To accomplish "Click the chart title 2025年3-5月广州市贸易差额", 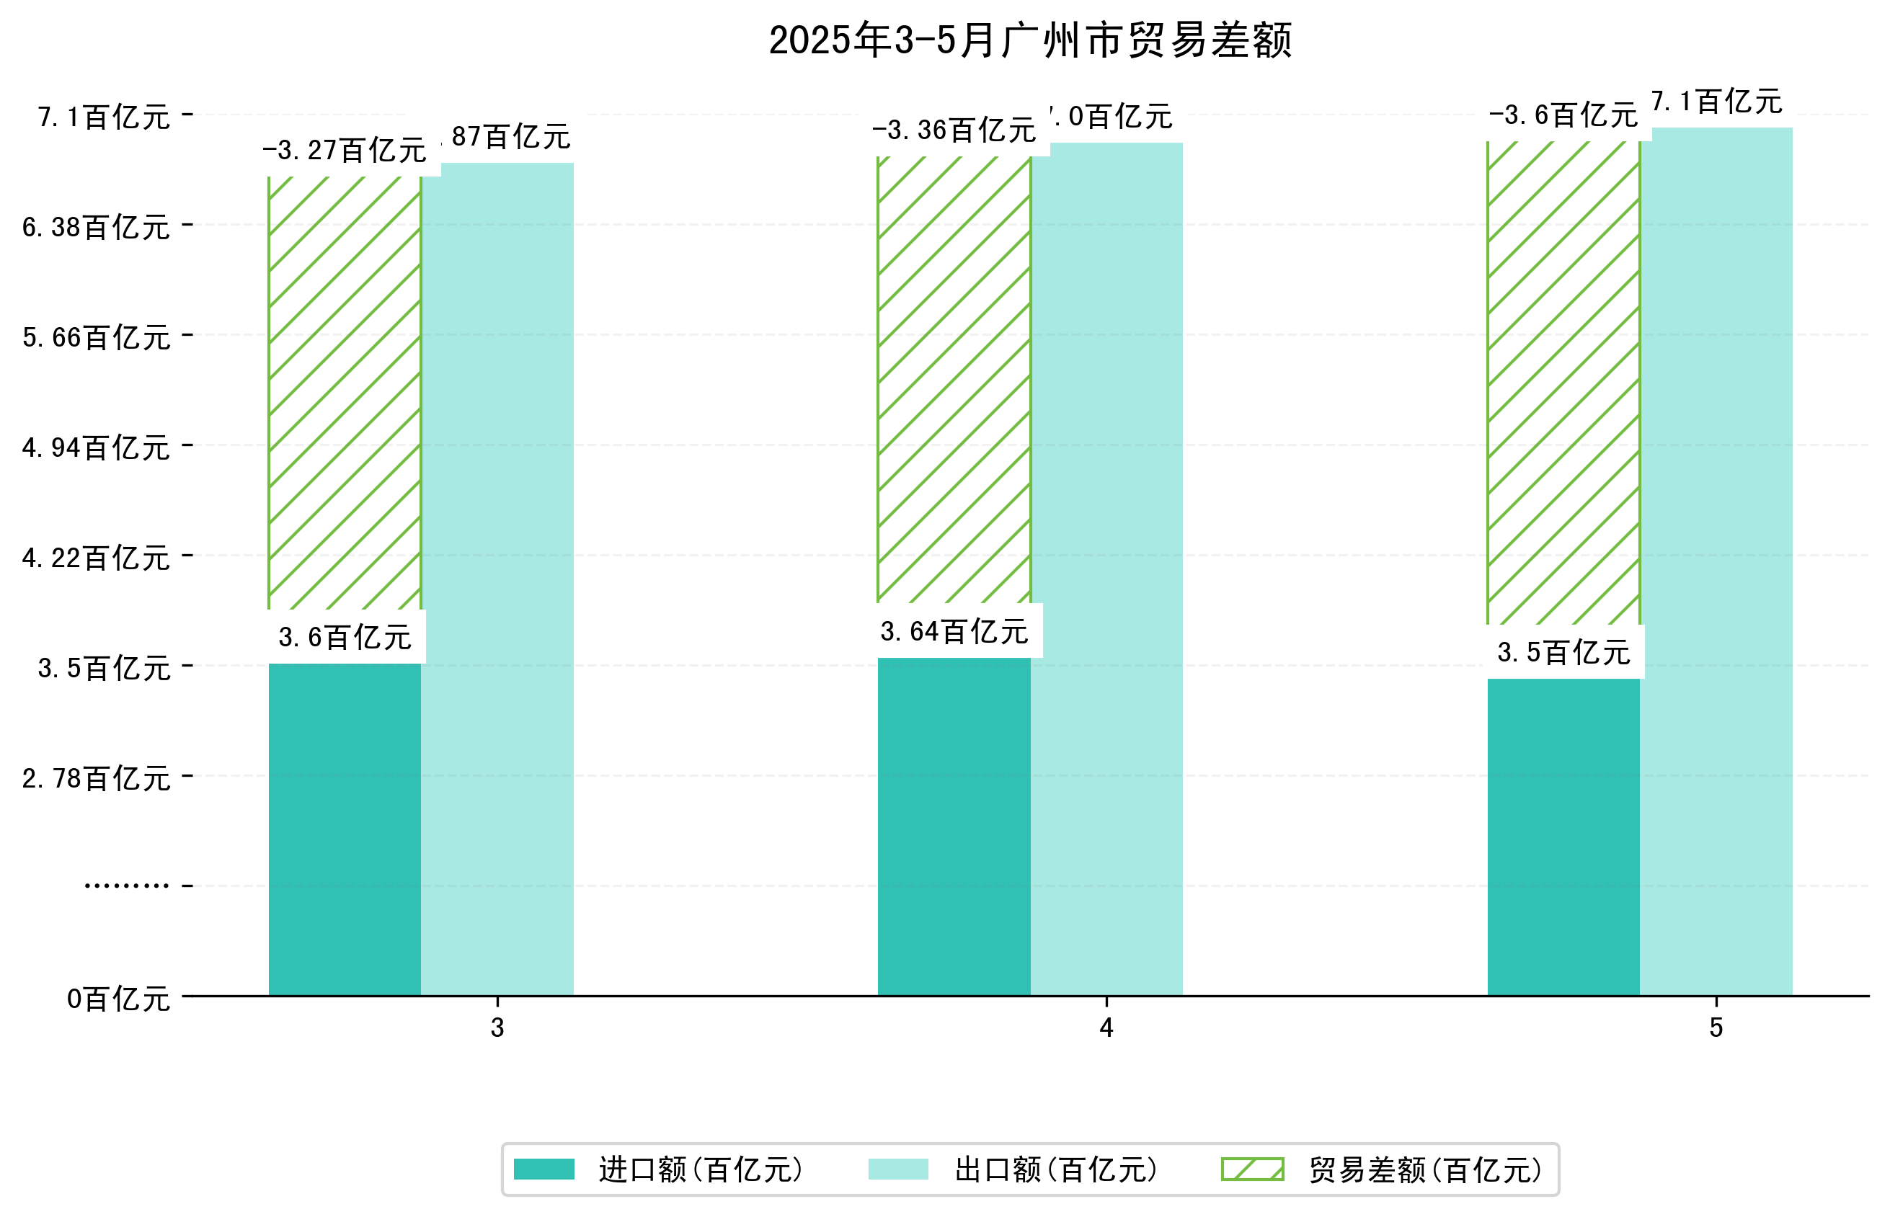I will [1029, 40].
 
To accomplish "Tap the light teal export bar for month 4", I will [1106, 569].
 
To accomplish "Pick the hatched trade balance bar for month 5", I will [1563, 383].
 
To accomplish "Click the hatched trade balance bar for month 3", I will [345, 393].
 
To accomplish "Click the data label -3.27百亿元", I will [345, 150].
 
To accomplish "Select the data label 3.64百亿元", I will [954, 631].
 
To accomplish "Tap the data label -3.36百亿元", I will [954, 130].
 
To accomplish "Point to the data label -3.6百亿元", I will [1563, 115].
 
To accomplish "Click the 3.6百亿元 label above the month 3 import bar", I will [345, 637].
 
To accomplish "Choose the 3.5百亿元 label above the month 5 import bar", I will [1563, 653].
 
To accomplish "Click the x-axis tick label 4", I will [1106, 1027].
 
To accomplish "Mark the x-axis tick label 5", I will [1716, 1027].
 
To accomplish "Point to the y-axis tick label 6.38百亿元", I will [97, 228].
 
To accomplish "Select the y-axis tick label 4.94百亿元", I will [97, 448].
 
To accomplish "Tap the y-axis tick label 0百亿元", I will [117, 999].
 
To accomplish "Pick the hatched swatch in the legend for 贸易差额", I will [1252, 1169].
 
